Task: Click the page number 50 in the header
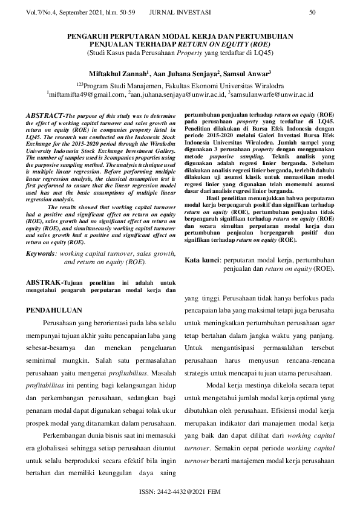click(312, 11)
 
